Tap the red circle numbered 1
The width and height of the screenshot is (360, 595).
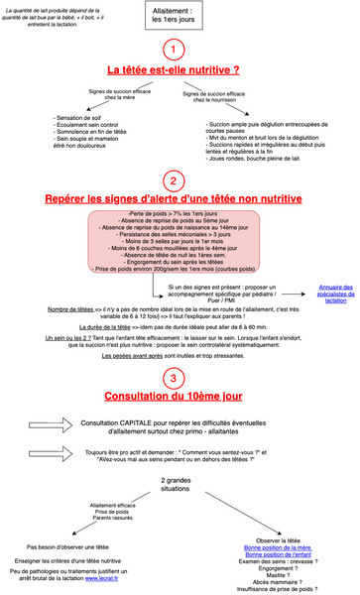[174, 51]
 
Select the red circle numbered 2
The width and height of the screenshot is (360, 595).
[174, 180]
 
